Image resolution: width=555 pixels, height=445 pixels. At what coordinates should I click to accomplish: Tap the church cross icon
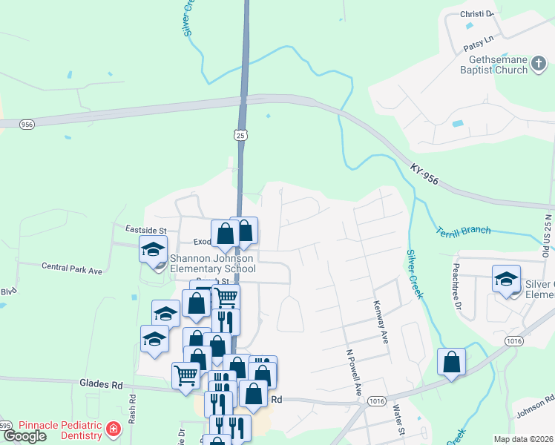tap(539, 67)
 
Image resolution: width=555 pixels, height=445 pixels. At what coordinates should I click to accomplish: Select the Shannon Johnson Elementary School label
tap(212, 263)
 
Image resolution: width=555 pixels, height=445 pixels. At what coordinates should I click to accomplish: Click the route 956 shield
tap(27, 124)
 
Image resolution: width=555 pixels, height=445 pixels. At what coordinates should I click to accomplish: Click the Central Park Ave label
tap(71, 268)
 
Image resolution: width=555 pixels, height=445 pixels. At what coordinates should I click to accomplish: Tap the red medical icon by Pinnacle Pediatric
tap(113, 429)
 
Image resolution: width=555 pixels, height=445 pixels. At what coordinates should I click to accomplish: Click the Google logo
tap(24, 436)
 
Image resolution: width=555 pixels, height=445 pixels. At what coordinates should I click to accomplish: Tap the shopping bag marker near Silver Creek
tap(451, 363)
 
